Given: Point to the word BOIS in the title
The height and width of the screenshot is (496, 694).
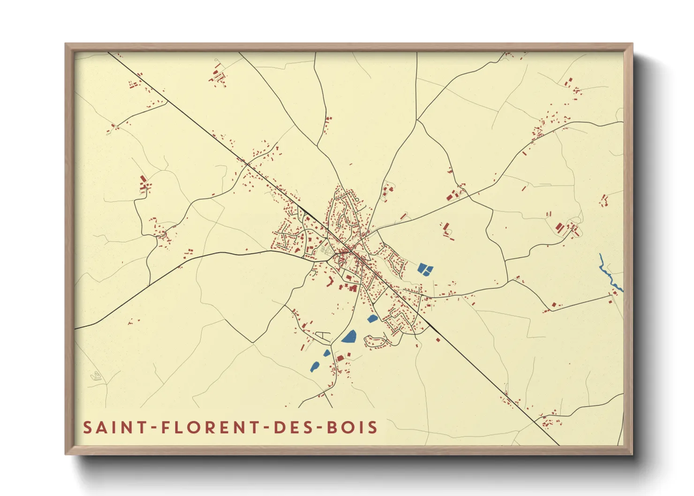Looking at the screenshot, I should coord(353,428).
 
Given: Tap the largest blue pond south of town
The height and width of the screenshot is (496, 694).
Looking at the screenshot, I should coord(349,336).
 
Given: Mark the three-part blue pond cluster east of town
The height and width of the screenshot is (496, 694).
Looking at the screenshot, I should coord(425,269).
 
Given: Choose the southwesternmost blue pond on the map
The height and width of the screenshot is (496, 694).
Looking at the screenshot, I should coord(314,367).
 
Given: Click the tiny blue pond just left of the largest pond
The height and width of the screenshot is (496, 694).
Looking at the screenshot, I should coord(327,353).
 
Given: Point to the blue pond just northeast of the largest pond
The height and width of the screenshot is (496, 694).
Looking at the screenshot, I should coord(372,319).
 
